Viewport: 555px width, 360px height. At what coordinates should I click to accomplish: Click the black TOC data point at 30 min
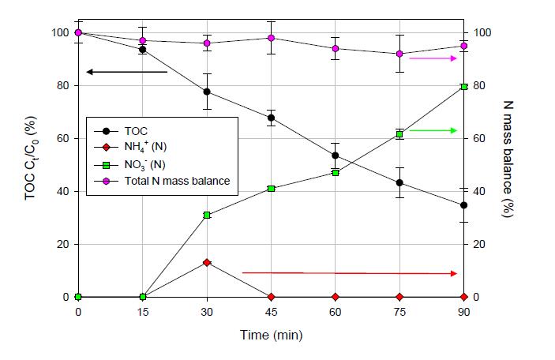207,92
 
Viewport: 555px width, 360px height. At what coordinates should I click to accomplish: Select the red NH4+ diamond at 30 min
207,262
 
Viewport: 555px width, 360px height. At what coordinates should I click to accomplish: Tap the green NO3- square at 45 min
271,189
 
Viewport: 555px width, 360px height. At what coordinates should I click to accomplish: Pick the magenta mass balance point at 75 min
399,54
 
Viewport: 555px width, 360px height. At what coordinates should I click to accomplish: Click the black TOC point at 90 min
463,205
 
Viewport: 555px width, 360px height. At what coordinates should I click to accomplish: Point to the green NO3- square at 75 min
399,134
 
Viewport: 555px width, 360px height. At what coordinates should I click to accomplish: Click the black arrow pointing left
126,72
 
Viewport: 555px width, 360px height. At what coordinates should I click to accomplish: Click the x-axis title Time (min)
271,336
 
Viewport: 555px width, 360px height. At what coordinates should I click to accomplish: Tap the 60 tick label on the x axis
336,312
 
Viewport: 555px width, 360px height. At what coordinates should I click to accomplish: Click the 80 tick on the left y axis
65,85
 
